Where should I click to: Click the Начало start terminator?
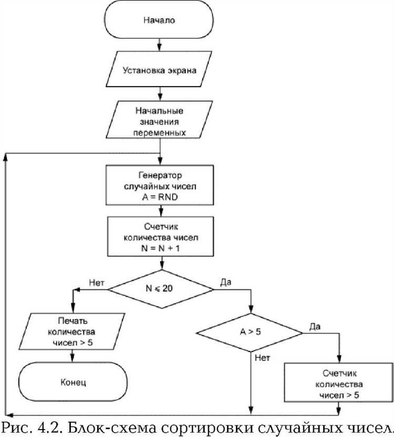click(159, 20)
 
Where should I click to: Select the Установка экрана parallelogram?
click(159, 69)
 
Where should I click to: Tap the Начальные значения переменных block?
click(159, 120)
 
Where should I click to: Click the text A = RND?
click(160, 197)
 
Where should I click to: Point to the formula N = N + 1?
click(160, 248)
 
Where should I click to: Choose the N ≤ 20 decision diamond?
click(160, 289)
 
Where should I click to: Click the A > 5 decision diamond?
click(250, 333)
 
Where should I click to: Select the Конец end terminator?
click(73, 382)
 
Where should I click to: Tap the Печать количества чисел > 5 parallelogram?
click(72, 332)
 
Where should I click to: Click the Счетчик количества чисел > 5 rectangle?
click(339, 382)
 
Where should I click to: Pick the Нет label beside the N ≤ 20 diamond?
click(97, 283)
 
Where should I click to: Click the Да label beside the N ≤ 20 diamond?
click(226, 282)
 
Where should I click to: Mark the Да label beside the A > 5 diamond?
click(315, 326)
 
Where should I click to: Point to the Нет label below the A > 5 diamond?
click(262, 358)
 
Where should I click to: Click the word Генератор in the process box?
click(160, 175)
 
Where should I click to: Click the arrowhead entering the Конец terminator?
click(72, 359)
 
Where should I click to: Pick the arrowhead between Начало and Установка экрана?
click(160, 47)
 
